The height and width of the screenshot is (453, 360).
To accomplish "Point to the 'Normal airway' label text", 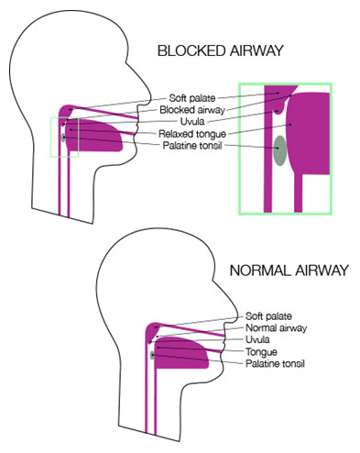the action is [x=274, y=327].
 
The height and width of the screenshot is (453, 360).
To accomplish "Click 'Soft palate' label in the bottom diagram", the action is [x=268, y=315].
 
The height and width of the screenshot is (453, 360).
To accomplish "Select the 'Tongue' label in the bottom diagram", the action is [x=262, y=351].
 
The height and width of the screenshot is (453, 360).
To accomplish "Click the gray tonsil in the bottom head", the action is [x=151, y=354].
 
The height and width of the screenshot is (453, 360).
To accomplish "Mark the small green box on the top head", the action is [x=64, y=137].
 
